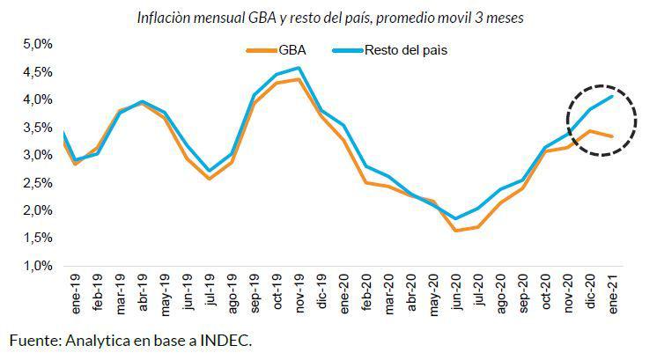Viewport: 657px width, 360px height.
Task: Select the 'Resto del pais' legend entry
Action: (x=392, y=50)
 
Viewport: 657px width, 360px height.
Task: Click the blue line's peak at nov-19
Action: (x=299, y=68)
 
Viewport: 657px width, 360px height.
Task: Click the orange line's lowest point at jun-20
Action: (x=455, y=231)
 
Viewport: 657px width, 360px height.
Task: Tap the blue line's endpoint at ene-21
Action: (x=612, y=96)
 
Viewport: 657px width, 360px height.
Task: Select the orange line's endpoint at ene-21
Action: (x=612, y=136)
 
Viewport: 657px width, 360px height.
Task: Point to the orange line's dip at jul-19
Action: (x=209, y=179)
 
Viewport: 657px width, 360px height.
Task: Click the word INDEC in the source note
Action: (x=225, y=339)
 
